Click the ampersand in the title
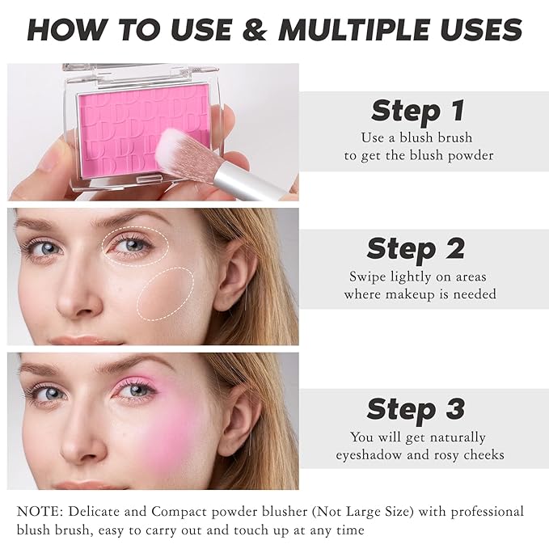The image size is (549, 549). tap(255, 30)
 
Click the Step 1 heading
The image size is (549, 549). tap(418, 111)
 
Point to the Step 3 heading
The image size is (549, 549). tap(416, 409)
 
